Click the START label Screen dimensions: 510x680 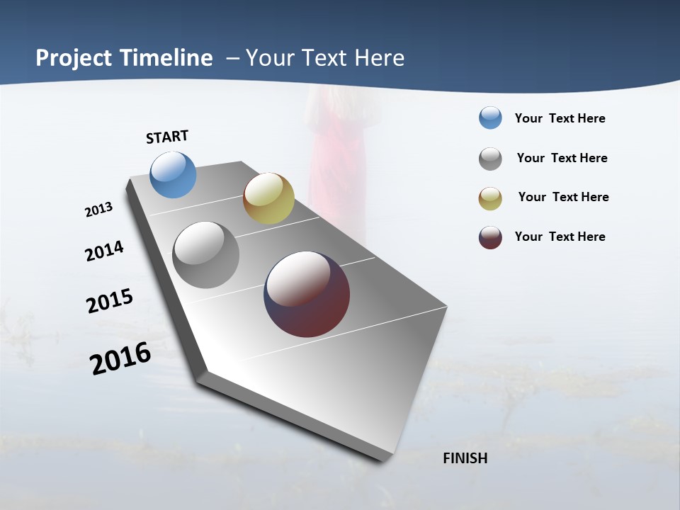coord(167,137)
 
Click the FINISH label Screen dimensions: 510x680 coord(465,458)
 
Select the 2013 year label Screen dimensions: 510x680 coord(98,210)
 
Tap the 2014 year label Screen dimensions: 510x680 coord(104,251)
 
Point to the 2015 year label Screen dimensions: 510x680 coord(109,301)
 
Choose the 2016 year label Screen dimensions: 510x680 coord(120,358)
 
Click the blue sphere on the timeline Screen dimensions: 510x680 coord(173,174)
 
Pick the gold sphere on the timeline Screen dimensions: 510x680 coord(268,198)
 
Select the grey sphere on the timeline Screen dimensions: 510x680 coord(205,255)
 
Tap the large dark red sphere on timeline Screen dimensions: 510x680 coord(307,294)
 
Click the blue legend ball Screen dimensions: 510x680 coord(490,118)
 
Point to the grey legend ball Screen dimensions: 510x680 coord(490,159)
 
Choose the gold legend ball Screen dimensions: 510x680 coord(490,198)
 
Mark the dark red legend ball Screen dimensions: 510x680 coord(490,237)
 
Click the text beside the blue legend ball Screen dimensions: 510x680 coord(560,119)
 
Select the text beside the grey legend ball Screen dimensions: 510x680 coord(562,159)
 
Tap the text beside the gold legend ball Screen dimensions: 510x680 coord(563,198)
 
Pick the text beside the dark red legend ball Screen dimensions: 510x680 coord(560,237)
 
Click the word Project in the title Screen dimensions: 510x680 coord(73,58)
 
